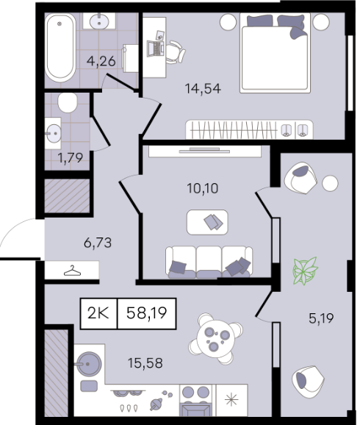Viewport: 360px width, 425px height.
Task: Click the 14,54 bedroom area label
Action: pos(203,89)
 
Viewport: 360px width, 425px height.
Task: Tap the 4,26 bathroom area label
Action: pos(101,61)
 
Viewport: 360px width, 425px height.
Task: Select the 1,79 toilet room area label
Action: pos(71,158)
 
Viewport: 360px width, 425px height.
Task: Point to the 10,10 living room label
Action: pos(203,188)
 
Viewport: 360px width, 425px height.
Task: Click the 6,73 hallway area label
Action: pos(98,243)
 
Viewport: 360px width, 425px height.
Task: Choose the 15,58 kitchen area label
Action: pos(145,363)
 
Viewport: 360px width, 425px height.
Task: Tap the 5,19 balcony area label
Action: pos(321,318)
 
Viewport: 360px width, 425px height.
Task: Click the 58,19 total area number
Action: pos(146,313)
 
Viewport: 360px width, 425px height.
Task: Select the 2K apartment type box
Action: pos(98,313)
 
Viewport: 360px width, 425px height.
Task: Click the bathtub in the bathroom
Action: pos(60,48)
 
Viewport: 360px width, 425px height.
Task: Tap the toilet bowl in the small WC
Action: pos(68,102)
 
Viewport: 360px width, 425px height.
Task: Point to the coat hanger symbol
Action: pos(72,271)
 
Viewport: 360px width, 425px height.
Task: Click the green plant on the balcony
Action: pos(306,271)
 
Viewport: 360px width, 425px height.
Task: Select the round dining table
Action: pos(215,338)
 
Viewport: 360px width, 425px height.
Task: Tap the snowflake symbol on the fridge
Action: pos(231,400)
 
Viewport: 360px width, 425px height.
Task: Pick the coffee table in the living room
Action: pos(207,222)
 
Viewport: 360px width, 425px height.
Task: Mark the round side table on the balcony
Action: pos(330,183)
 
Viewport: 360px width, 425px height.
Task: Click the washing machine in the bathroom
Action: pos(130,58)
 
